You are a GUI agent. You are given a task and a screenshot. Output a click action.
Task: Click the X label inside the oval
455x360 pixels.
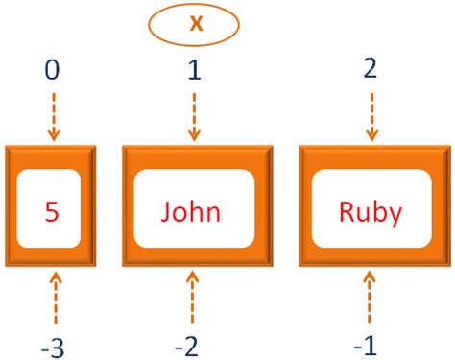click(x=195, y=23)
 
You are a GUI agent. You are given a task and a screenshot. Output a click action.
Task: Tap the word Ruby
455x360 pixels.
click(x=370, y=210)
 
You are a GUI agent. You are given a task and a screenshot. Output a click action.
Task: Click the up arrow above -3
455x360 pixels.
click(x=55, y=298)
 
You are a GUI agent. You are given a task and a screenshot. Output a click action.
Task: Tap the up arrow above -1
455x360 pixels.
click(x=370, y=298)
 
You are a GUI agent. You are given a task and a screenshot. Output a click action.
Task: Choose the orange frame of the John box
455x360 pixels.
click(x=129, y=208)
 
